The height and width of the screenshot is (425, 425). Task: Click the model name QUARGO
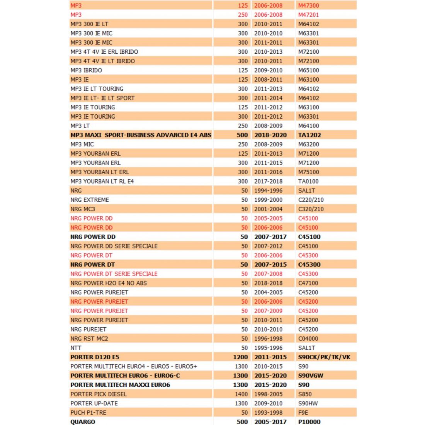(83, 422)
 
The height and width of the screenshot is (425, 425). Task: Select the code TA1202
(309, 135)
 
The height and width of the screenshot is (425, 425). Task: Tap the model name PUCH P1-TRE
(88, 412)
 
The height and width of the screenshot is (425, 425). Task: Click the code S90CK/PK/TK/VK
(324, 357)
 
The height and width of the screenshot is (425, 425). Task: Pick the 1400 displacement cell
(241, 394)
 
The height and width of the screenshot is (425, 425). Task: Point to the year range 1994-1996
(268, 190)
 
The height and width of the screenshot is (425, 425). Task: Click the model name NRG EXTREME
(90, 200)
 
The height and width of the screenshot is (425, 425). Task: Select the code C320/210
(311, 209)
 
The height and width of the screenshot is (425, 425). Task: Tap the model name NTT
(76, 348)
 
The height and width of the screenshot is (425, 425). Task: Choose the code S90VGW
(311, 375)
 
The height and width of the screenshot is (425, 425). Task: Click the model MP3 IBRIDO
(86, 70)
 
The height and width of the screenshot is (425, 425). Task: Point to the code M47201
(309, 15)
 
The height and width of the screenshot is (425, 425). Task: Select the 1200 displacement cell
(240, 357)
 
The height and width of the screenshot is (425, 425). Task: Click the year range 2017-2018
(268, 181)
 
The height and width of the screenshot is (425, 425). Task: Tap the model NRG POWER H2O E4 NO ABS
(109, 283)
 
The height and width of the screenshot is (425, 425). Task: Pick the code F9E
(303, 412)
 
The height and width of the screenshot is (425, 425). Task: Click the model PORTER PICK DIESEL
(99, 394)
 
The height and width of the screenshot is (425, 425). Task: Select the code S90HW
(308, 403)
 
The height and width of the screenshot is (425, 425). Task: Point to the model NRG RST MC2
(89, 338)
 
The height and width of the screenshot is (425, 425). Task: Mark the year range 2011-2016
(268, 172)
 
